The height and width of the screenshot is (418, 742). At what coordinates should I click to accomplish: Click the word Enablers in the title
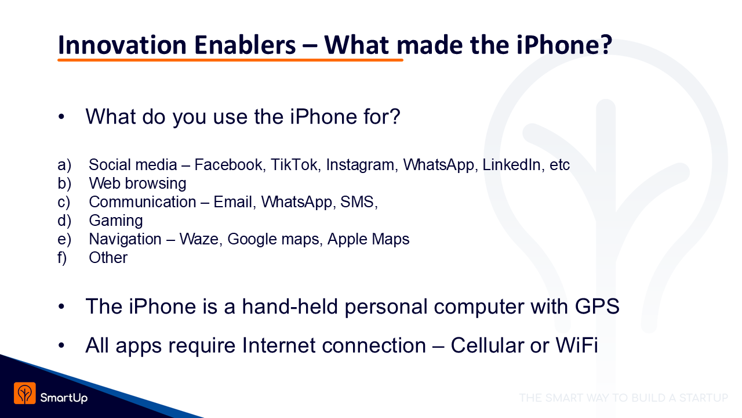(245, 45)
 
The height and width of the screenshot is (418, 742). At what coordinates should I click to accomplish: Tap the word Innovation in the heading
(122, 45)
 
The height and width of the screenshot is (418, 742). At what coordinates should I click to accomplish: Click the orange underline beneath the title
(230, 60)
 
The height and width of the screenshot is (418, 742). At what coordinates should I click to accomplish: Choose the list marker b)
(64, 183)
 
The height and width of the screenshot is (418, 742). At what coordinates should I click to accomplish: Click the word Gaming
(116, 221)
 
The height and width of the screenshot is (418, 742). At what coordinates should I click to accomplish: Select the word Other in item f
(108, 258)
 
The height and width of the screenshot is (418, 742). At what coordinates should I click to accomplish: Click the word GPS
(597, 306)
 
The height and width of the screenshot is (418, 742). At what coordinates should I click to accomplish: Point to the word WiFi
(577, 345)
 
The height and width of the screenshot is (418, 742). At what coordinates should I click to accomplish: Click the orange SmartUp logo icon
(25, 393)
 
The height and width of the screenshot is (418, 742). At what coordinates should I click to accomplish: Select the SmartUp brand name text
(64, 398)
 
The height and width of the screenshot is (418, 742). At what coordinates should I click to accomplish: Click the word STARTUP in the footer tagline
(704, 398)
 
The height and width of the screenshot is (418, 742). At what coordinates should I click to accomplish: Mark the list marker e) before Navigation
(64, 239)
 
